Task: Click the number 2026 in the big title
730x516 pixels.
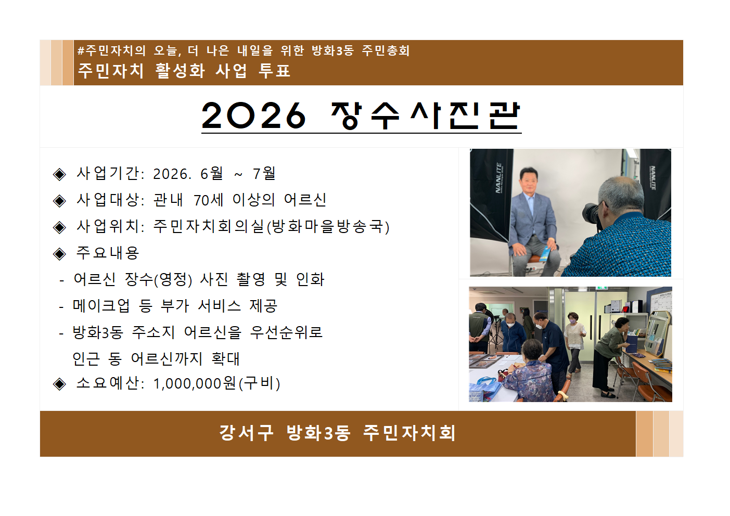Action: coord(253,115)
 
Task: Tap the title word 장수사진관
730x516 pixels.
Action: coord(425,115)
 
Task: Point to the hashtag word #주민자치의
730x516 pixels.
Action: coord(111,50)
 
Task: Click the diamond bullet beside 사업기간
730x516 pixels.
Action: coord(60,174)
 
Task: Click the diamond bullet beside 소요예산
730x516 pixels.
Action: coord(60,384)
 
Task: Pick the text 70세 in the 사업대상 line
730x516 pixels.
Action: coord(208,200)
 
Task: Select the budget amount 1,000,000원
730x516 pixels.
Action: coord(195,383)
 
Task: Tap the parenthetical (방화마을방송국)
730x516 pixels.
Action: coord(328,226)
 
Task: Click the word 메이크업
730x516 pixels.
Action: coord(101,305)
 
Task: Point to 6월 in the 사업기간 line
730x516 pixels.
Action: coord(212,173)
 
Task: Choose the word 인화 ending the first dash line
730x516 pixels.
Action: coord(310,279)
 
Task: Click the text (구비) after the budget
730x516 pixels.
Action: coord(260,383)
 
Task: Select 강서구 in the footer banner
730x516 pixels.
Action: coord(246,433)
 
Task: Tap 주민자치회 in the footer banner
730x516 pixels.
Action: coord(409,433)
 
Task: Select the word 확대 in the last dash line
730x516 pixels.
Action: coord(226,358)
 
